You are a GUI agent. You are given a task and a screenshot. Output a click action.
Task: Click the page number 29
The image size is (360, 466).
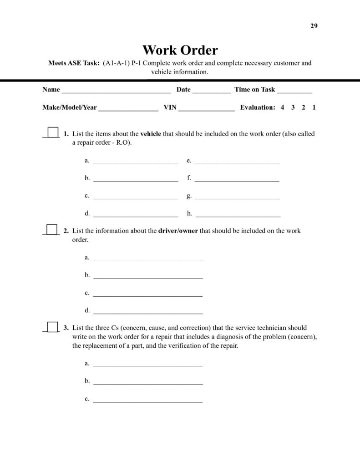[x=314, y=25]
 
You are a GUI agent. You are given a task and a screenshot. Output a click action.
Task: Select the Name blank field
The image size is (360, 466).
[x=116, y=91]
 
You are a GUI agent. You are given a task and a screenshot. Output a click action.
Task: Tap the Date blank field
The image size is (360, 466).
[x=212, y=91]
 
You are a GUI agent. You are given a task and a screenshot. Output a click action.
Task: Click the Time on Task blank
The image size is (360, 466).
[x=294, y=91]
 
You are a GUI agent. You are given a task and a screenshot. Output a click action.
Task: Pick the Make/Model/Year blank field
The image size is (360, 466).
[x=128, y=109]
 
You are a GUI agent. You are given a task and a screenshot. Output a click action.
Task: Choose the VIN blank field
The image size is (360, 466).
[x=207, y=109]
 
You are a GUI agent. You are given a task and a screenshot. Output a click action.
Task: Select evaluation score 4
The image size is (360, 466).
[x=283, y=107]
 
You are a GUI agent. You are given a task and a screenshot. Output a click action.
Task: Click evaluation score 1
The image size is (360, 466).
[x=314, y=107]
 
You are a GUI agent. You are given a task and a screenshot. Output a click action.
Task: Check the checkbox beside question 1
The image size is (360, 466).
[x=53, y=132]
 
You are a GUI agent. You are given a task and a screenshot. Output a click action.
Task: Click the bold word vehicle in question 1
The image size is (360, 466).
[x=151, y=134]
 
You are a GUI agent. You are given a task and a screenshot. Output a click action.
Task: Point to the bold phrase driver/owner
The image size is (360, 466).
[x=178, y=231]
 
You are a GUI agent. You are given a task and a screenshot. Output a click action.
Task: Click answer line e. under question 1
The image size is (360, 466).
[x=237, y=162]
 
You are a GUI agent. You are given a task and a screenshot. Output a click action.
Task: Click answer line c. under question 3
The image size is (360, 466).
[x=147, y=400]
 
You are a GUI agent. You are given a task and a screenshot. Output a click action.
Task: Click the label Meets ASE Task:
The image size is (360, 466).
[x=74, y=63]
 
